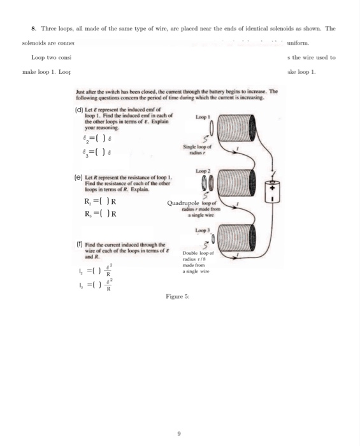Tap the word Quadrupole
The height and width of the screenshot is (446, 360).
tap(183, 203)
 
